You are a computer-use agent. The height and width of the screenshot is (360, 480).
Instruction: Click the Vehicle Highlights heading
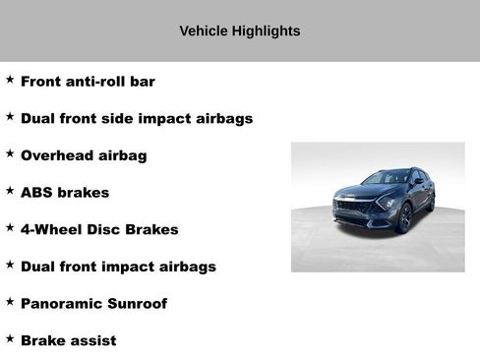[x=239, y=31]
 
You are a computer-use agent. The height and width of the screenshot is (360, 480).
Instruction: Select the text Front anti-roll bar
[x=88, y=82]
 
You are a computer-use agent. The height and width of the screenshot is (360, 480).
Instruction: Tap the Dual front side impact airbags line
[x=136, y=119]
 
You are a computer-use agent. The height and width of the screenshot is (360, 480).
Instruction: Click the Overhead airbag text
[x=84, y=155]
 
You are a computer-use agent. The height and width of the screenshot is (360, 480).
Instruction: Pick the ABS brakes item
[x=65, y=193]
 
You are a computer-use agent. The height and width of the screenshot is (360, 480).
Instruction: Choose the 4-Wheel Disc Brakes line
[x=99, y=229]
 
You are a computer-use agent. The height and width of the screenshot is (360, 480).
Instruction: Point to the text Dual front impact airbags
[x=118, y=267]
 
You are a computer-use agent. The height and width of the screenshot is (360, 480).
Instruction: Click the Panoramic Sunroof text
[x=93, y=304]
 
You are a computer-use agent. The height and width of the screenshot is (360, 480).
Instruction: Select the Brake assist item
[x=68, y=340]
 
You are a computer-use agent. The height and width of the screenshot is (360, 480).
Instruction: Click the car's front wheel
[x=404, y=217]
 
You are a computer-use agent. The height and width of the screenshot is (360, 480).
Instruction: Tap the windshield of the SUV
[x=386, y=179]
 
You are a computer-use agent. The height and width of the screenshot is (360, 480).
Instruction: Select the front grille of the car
[x=352, y=210]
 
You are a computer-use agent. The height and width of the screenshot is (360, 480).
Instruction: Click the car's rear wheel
[x=431, y=203]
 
